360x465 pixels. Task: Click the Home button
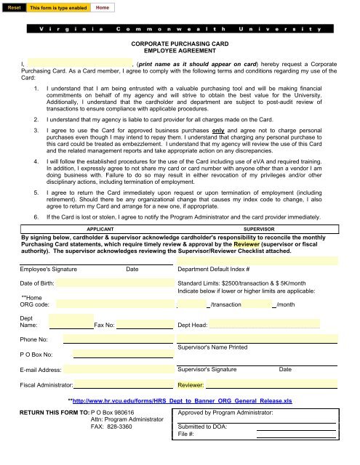[103, 7]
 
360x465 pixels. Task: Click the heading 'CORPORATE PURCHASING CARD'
[180, 44]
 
